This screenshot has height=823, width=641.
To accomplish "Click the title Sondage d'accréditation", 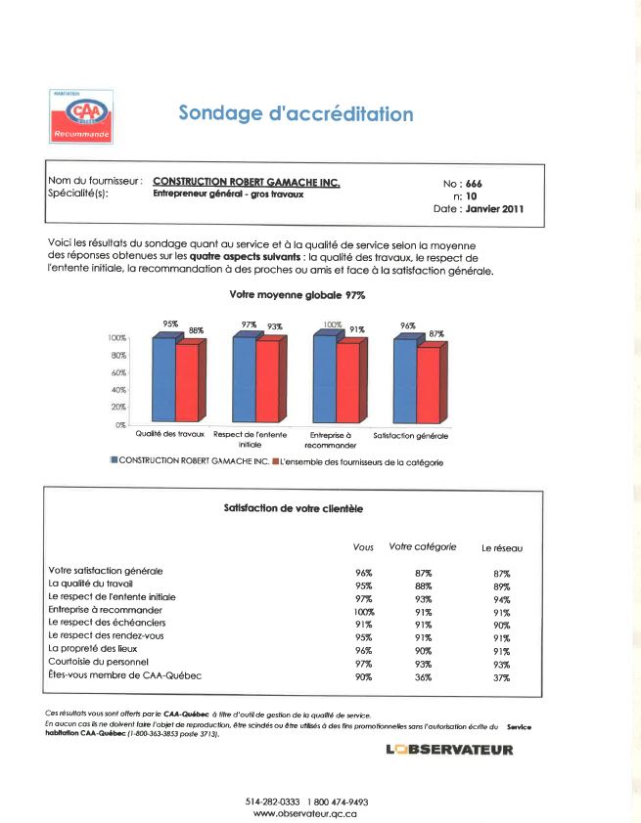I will [x=296, y=113].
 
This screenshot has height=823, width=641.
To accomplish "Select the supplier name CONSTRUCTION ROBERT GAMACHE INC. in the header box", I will [x=247, y=181].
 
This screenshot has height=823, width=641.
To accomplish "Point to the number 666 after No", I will [x=474, y=184].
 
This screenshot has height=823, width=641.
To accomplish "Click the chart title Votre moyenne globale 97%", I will [x=298, y=294].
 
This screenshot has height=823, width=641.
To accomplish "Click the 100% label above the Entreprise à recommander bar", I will [x=334, y=324].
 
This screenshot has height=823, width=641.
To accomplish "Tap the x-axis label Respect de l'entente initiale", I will [x=251, y=438].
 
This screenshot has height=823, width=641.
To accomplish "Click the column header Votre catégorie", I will [x=423, y=547].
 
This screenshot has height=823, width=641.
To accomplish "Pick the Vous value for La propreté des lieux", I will [x=363, y=650].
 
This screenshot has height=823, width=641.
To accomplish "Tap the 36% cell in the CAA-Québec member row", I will [x=423, y=677].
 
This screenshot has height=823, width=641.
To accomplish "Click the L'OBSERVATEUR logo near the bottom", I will [x=449, y=750].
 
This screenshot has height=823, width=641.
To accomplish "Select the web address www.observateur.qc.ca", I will [x=306, y=813].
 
